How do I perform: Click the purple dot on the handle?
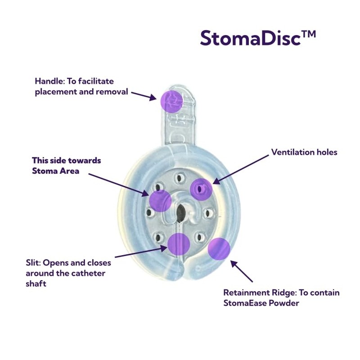point(171,101)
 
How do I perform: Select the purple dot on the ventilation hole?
point(201,189)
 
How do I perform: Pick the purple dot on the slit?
point(179,244)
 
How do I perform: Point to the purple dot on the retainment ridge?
point(219,248)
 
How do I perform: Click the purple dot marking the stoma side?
point(160,201)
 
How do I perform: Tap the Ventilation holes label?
point(304,152)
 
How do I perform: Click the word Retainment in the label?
point(247,293)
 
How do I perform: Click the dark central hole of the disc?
point(181,211)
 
